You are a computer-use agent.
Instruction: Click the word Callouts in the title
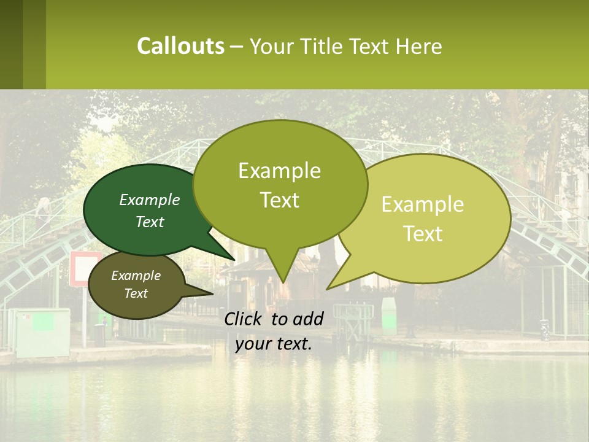point(180,46)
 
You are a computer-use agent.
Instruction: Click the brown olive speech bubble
point(136,285)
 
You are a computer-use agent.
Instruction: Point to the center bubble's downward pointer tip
point(283,282)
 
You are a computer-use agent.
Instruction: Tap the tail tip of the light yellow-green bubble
point(327,289)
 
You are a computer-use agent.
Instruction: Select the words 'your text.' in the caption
point(274,344)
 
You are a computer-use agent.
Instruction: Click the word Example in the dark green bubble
point(150,200)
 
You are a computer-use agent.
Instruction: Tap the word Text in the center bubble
point(280,200)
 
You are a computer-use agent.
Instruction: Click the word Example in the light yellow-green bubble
point(423,204)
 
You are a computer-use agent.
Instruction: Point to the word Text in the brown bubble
point(136,293)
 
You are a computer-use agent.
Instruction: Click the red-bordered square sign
point(85,269)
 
